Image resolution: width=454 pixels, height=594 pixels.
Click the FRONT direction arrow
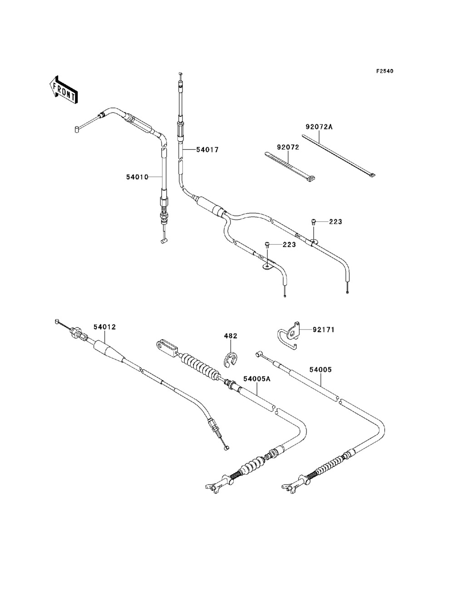[64, 89]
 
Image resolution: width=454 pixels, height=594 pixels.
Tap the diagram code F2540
[385, 71]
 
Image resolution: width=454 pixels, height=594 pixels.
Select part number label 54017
[207, 150]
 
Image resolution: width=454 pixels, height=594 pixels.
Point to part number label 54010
[137, 177]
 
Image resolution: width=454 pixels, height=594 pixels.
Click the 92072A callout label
[319, 127]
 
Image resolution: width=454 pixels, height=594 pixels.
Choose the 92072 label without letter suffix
[288, 147]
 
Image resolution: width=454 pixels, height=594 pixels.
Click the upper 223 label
[336, 222]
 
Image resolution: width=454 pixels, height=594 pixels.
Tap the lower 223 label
[289, 245]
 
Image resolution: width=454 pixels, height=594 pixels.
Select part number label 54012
[105, 327]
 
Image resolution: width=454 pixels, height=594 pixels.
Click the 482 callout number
[230, 336]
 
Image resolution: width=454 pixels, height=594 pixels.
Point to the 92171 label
[324, 330]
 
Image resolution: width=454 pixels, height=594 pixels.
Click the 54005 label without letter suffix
[321, 370]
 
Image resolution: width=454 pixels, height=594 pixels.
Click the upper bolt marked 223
[314, 221]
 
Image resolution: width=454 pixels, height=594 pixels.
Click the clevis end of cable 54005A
[167, 348]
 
